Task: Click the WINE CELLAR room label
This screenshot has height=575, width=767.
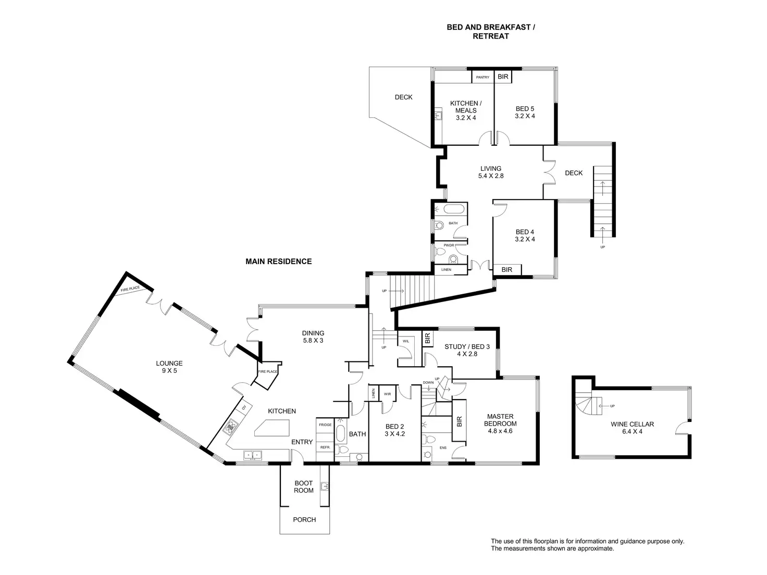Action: pos(632,428)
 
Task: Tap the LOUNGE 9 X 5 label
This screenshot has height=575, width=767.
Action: pos(169,367)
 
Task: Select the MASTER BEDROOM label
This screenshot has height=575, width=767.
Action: pos(500,423)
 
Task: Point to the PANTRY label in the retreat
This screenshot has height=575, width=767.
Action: pos(483,78)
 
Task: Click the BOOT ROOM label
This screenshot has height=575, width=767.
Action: pos(304,487)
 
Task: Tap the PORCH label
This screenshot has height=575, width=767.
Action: pos(304,519)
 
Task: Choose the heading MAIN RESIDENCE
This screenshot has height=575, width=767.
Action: pos(278,261)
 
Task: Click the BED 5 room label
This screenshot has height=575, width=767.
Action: pos(525,113)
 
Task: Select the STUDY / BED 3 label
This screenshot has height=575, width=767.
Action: pos(467,350)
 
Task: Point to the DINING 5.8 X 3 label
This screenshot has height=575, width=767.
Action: pos(313,336)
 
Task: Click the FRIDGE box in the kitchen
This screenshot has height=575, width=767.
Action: pos(325,425)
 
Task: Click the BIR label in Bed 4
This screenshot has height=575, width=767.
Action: pos(506,270)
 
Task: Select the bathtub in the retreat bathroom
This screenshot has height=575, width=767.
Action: pos(453,210)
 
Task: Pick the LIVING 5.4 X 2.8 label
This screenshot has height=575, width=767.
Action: pos(491,172)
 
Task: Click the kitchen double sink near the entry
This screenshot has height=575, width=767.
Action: pos(253,456)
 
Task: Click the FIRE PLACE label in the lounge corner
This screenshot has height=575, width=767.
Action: pos(130,290)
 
